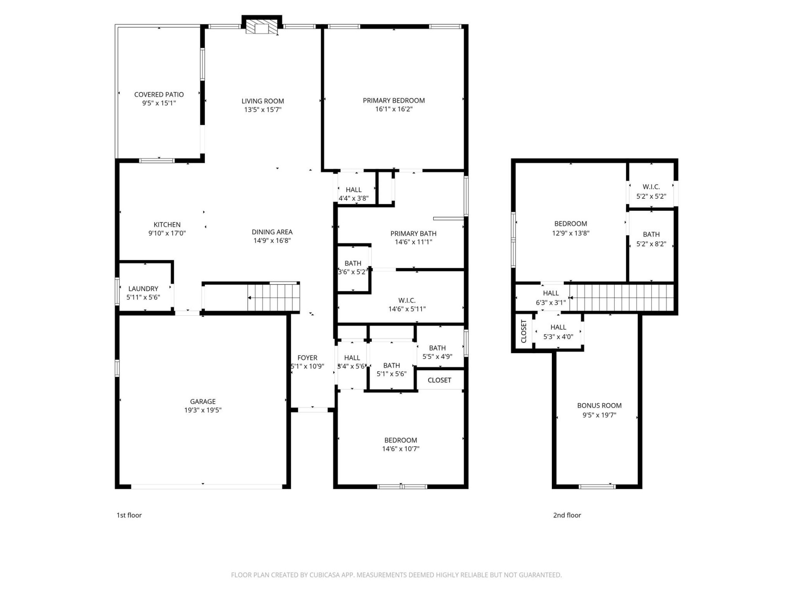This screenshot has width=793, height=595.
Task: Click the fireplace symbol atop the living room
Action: pyautogui.click(x=261, y=27)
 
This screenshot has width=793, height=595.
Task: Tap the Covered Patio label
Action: pyautogui.click(x=159, y=95)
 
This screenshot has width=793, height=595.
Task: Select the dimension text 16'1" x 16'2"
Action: pyautogui.click(x=394, y=109)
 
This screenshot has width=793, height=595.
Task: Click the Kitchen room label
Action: pyautogui.click(x=167, y=225)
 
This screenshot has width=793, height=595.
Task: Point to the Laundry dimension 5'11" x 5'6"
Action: pyautogui.click(x=143, y=297)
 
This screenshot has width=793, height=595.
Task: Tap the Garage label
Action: pyautogui.click(x=203, y=401)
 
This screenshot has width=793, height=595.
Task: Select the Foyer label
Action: pyautogui.click(x=307, y=358)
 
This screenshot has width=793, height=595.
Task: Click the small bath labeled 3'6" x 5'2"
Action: pyautogui.click(x=353, y=267)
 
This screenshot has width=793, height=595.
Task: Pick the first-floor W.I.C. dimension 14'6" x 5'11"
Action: pyautogui.click(x=407, y=309)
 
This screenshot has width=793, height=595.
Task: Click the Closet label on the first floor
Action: pyautogui.click(x=439, y=380)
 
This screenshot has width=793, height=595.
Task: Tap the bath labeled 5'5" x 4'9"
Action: pyautogui.click(x=437, y=352)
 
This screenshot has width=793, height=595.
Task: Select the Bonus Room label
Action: pyautogui.click(x=599, y=406)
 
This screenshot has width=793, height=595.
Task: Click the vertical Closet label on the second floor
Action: pyautogui.click(x=524, y=331)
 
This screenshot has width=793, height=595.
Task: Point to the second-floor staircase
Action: pyautogui.click(x=622, y=297)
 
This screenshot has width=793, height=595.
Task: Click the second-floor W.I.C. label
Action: pyautogui.click(x=651, y=187)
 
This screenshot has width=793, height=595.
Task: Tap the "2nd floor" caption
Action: pyautogui.click(x=567, y=515)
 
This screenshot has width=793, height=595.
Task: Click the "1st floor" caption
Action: pyautogui.click(x=129, y=515)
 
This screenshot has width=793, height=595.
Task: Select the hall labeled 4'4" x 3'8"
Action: pyautogui.click(x=354, y=194)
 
